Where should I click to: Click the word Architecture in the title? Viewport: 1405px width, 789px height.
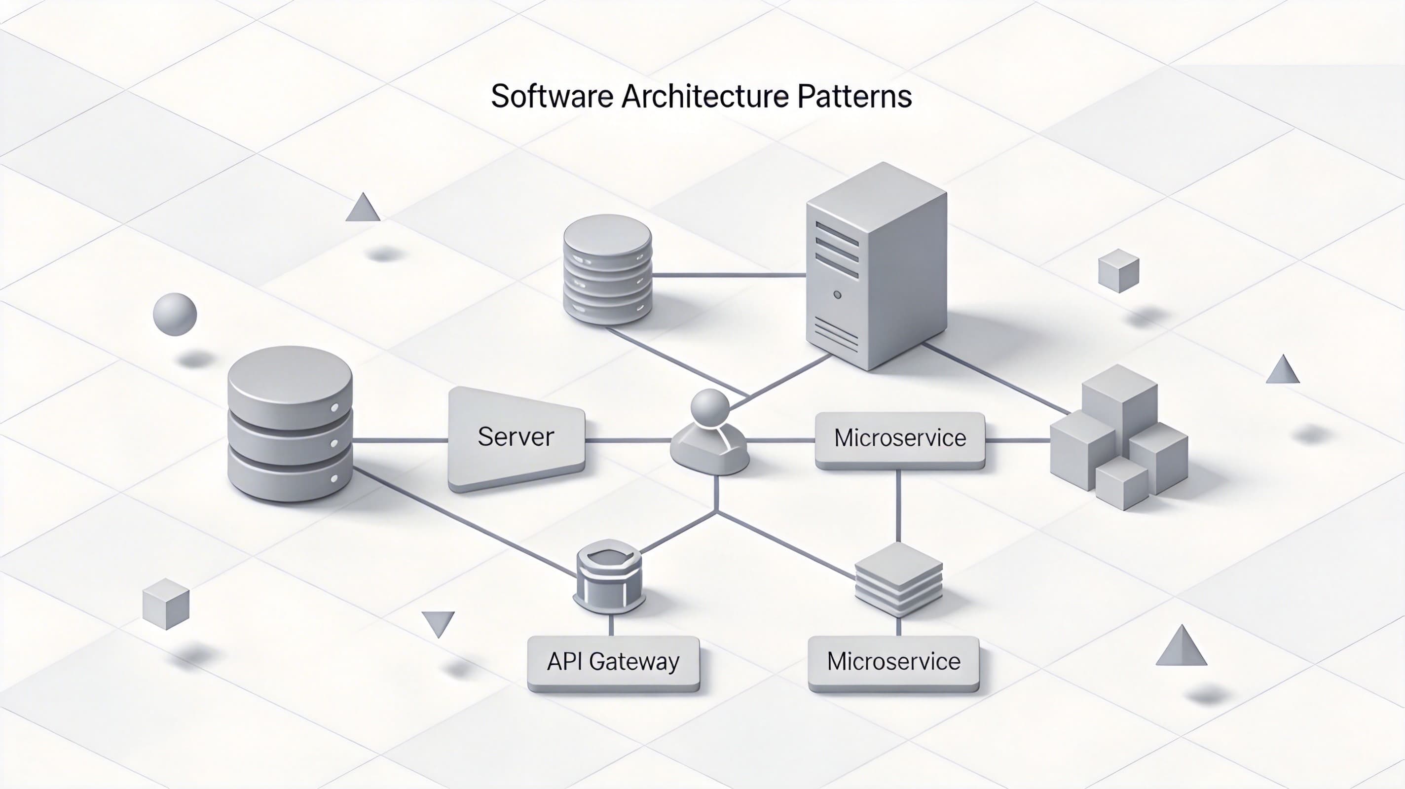click(x=704, y=97)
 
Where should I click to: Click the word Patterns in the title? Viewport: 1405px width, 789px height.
click(x=854, y=97)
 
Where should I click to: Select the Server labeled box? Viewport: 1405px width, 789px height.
click(x=516, y=437)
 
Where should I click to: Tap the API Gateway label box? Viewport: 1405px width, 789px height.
click(x=613, y=662)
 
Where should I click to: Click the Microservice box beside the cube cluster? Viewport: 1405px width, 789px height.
click(x=900, y=438)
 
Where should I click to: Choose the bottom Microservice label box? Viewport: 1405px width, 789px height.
click(x=893, y=662)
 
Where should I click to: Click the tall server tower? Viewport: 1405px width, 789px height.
click(x=876, y=267)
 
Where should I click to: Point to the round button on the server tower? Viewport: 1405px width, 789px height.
click(x=837, y=295)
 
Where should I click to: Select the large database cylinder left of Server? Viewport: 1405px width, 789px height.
click(x=290, y=424)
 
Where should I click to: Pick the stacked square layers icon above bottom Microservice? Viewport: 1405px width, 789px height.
click(x=898, y=579)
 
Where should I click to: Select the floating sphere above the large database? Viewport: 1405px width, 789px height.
click(x=175, y=315)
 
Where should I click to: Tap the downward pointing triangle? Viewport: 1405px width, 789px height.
click(x=438, y=622)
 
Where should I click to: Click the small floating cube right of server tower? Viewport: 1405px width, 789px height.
click(x=1118, y=271)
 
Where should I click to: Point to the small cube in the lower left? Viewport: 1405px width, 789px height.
click(x=166, y=604)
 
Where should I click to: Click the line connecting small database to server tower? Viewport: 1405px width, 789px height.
click(x=729, y=275)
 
